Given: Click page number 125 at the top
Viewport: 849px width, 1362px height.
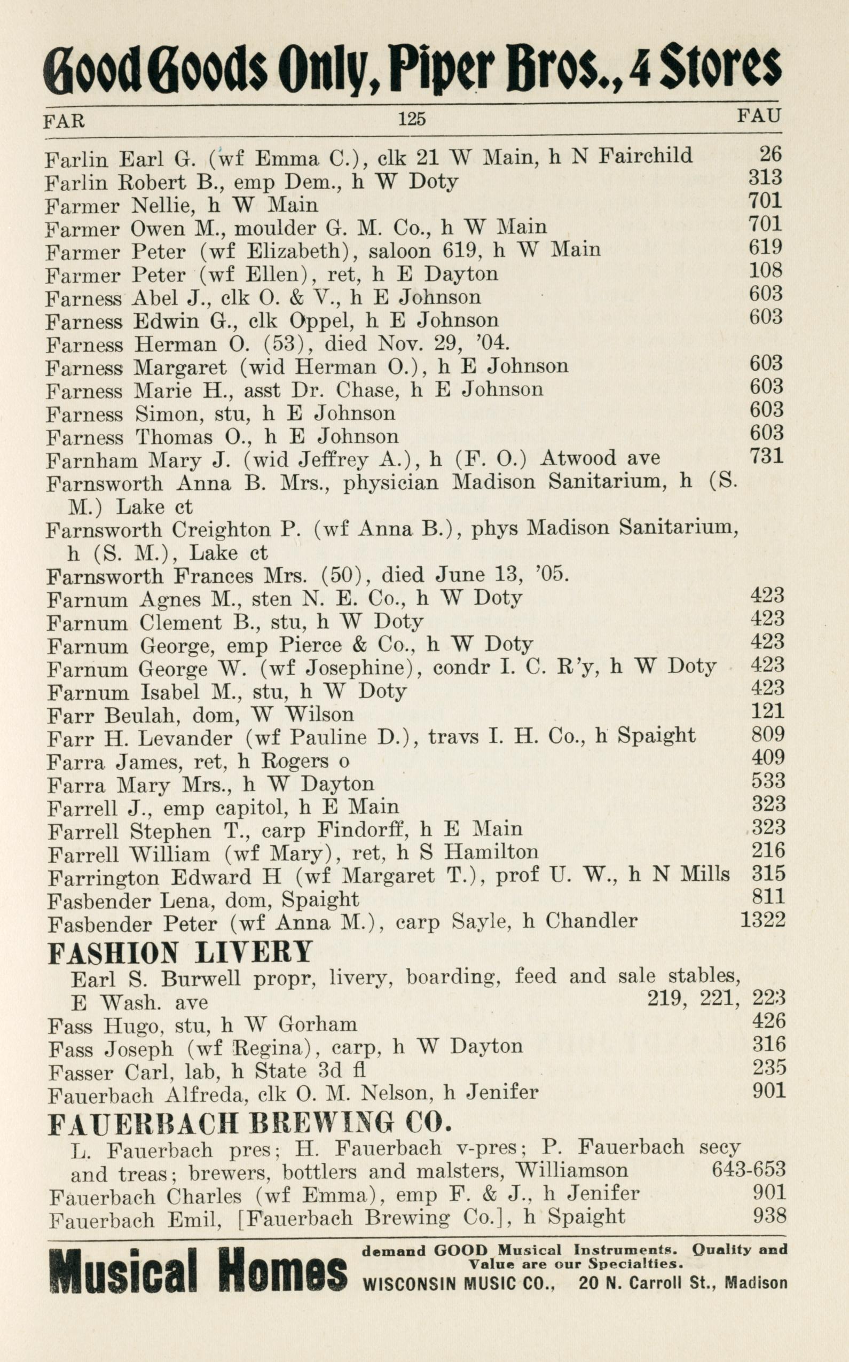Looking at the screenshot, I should (x=412, y=119).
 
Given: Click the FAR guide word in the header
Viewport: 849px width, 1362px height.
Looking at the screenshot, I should (x=64, y=120).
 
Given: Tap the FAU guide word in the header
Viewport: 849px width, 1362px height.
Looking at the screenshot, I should (x=759, y=116).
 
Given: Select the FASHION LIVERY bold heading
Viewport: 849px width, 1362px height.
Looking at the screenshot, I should (x=180, y=952).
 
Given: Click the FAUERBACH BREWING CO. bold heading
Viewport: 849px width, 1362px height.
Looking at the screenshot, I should (x=250, y=1123).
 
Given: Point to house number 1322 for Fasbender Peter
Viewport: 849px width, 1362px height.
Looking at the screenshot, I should (x=762, y=919).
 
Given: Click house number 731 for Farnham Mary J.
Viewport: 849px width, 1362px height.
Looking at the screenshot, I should (x=766, y=455).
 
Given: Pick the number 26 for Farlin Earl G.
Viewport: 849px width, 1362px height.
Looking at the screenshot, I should (x=771, y=153).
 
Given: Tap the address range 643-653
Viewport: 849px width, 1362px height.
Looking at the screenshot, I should (x=749, y=1169).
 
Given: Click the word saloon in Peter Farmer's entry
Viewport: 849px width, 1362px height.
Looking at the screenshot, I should (x=399, y=251).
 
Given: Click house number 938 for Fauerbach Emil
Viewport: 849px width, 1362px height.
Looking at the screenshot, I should (x=769, y=1216).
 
